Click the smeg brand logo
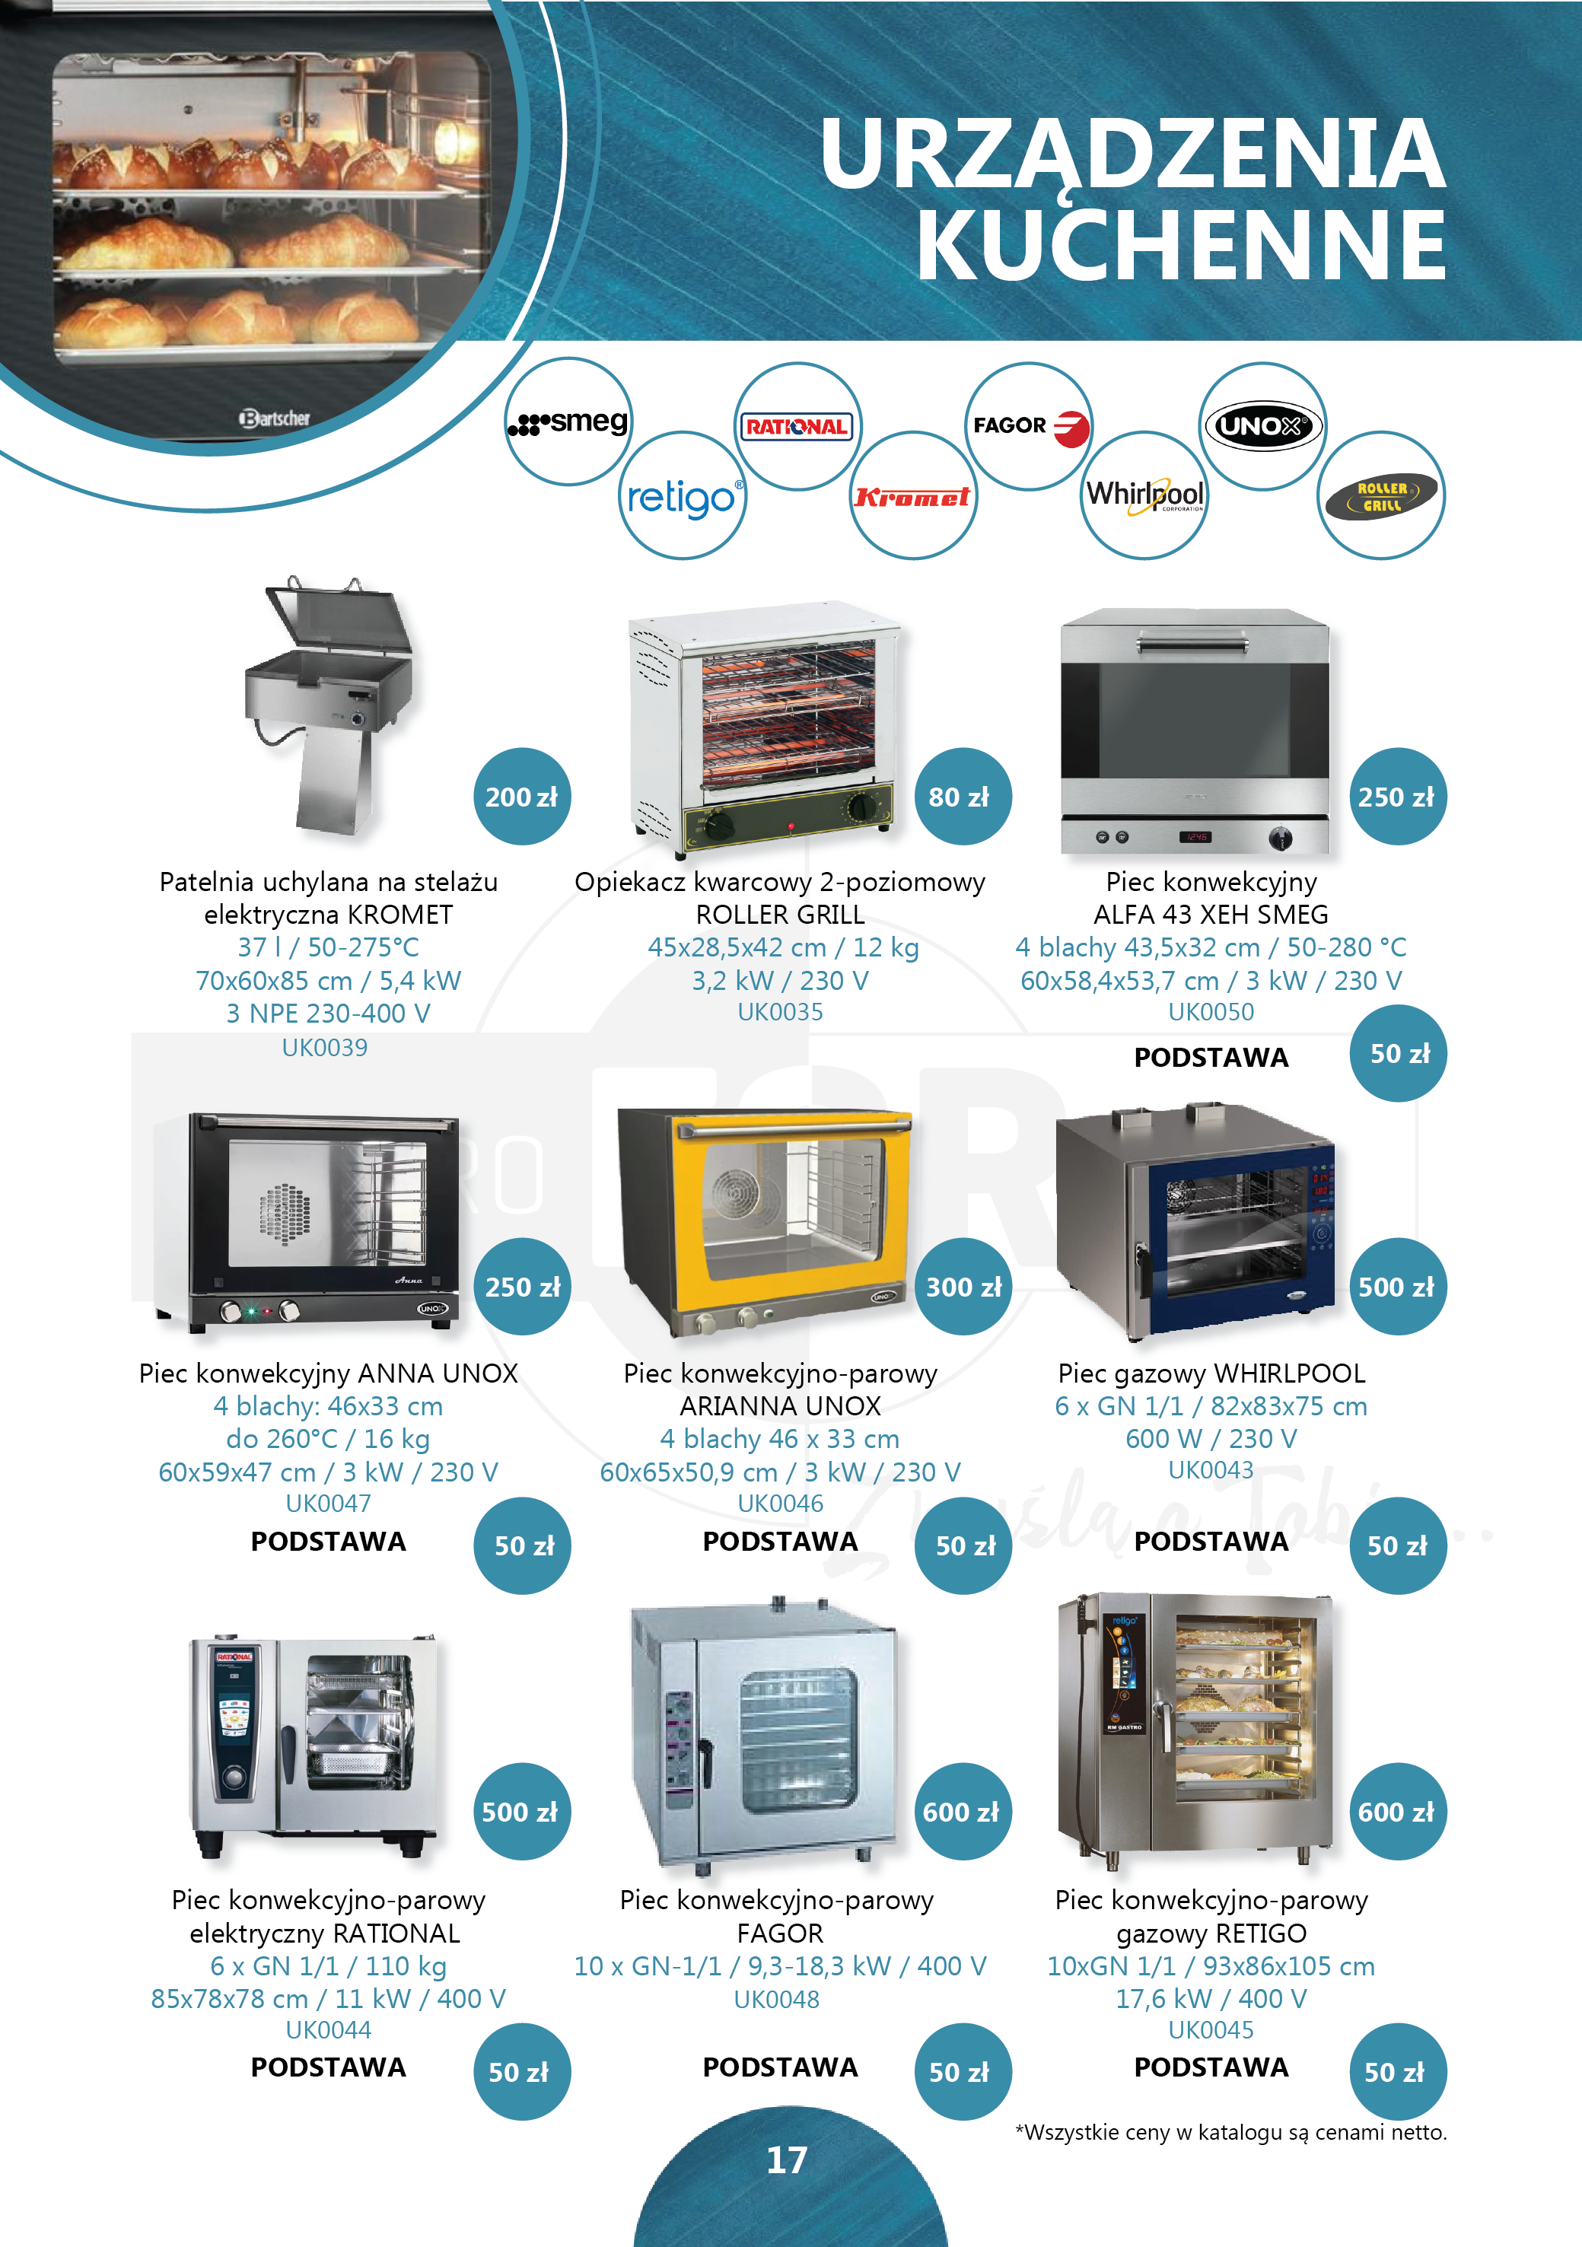(x=568, y=422)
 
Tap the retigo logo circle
(x=683, y=496)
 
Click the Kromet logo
(x=912, y=496)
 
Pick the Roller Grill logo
(x=1380, y=496)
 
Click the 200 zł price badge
(x=522, y=797)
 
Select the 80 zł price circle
(x=963, y=797)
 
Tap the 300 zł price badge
(x=963, y=1287)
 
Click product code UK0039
(x=325, y=1048)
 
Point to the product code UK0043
(x=1211, y=1470)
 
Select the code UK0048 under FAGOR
(x=777, y=2000)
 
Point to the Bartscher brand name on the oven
(x=275, y=418)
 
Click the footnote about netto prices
(x=1230, y=2133)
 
